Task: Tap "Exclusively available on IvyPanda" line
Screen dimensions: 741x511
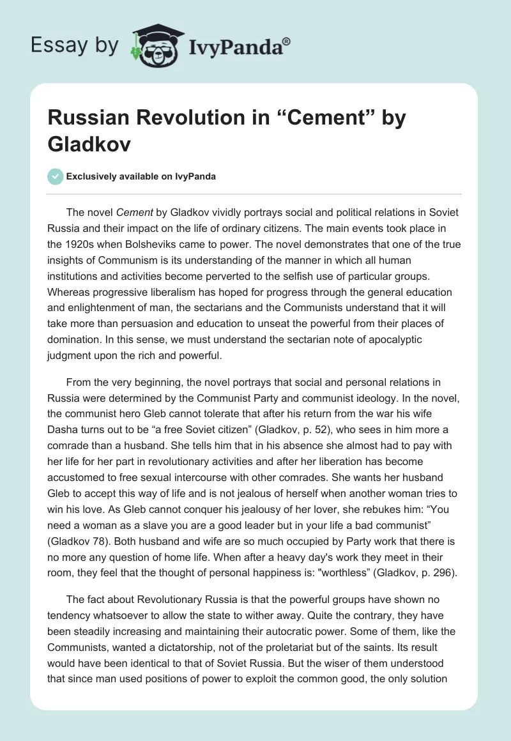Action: pyautogui.click(x=140, y=176)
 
